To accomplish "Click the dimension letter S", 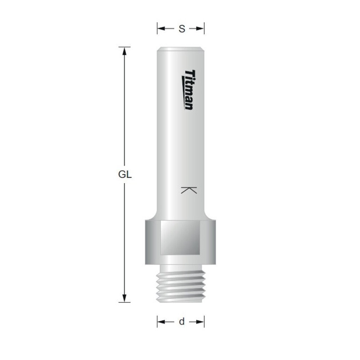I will pyautogui.click(x=181, y=29).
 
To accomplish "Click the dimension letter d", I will pyautogui.click(x=181, y=322).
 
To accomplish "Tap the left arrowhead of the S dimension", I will pyautogui.click(x=160, y=29).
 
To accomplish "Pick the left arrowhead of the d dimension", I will pyautogui.click(x=160, y=322).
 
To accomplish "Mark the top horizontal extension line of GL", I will pyautogui.click(x=126, y=46).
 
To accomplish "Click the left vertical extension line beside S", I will pyautogui.click(x=157, y=29).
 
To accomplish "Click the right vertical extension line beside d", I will pyautogui.click(x=205, y=322).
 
